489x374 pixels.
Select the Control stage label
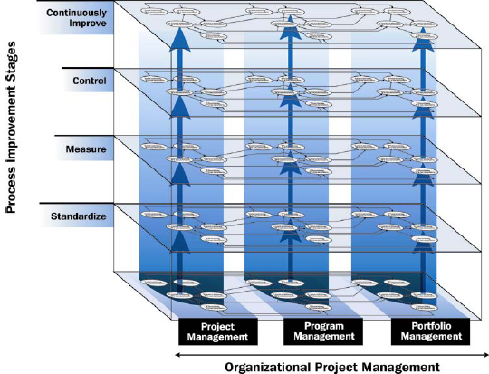click(x=90, y=82)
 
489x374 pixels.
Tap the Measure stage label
click(x=87, y=147)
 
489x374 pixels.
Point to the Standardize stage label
click(x=80, y=218)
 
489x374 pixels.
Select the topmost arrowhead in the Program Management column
click(x=290, y=34)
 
